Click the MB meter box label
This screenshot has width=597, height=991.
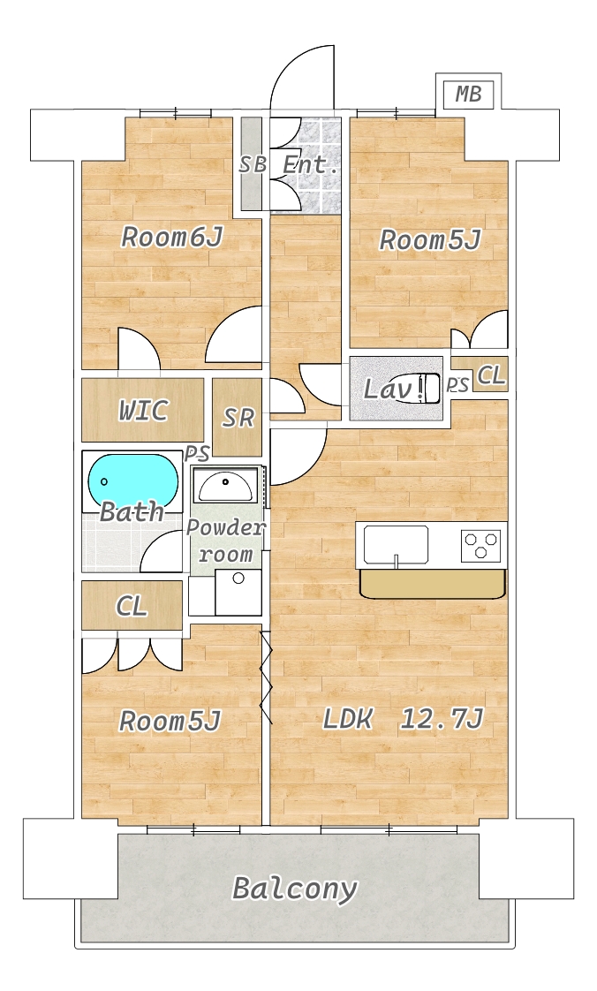point(469,95)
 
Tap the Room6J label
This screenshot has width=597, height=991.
point(172,238)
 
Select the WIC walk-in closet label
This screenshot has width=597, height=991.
point(143,411)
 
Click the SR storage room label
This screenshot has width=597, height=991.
point(238,418)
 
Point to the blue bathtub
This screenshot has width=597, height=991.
point(132,481)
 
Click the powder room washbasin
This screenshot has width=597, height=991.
point(225,487)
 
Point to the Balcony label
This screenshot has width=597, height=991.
point(295,889)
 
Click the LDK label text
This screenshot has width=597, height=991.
point(347,719)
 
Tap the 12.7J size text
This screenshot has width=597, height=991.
point(442,719)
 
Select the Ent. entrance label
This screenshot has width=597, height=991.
point(309,165)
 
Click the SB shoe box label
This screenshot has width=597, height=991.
point(252,165)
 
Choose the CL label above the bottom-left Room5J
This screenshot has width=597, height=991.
point(132,607)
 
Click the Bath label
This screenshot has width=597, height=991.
point(132,511)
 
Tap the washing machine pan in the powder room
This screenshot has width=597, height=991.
point(238,592)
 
